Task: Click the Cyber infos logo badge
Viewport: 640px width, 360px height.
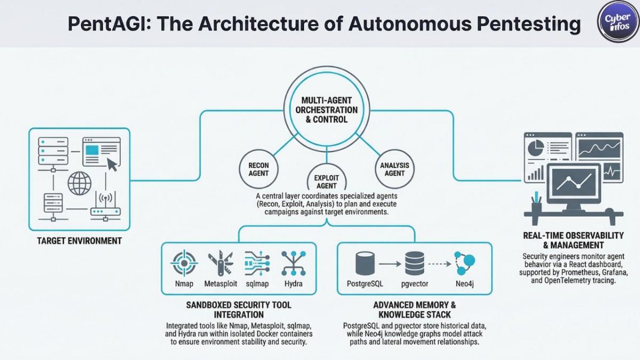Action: tap(618, 21)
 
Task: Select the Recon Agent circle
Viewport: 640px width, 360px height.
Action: tap(259, 169)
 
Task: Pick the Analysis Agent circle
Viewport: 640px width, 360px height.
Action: tap(395, 169)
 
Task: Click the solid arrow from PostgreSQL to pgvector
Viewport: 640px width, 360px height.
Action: tap(390, 263)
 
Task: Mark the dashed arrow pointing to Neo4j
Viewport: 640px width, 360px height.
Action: tap(438, 263)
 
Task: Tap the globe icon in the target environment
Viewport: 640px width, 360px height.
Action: tap(79, 182)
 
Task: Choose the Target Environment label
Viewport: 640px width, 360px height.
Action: tap(79, 241)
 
